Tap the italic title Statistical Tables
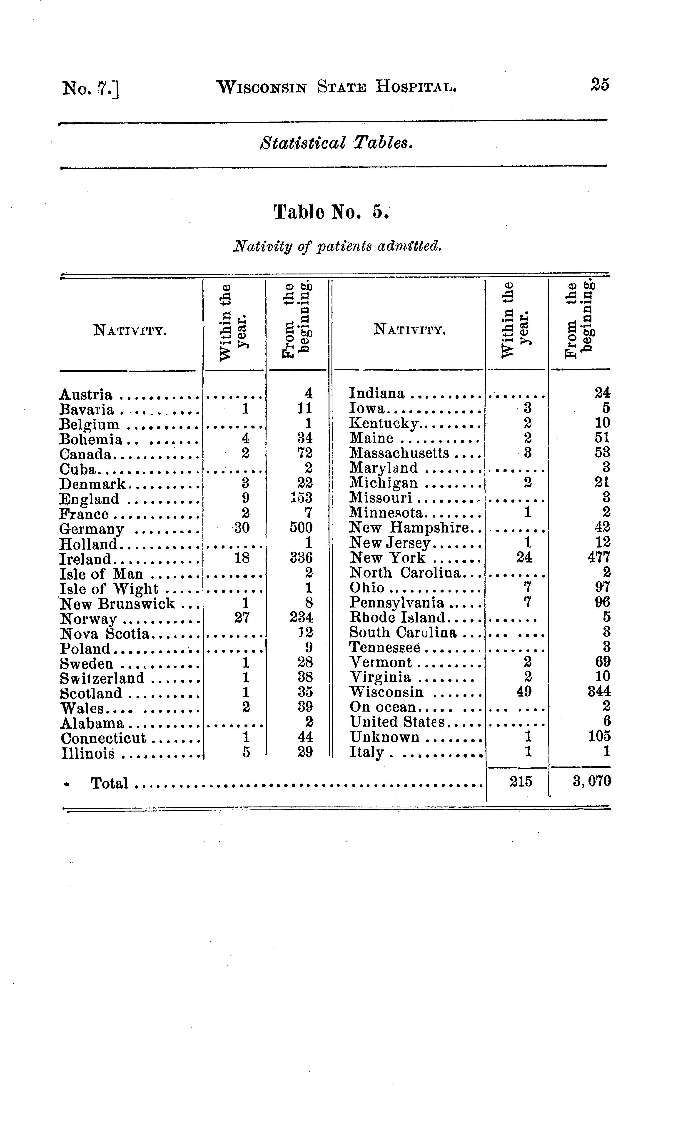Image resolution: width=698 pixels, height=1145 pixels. click(x=336, y=143)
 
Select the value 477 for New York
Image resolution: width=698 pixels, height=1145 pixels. click(x=599, y=557)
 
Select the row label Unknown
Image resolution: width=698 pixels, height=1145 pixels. click(x=384, y=737)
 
